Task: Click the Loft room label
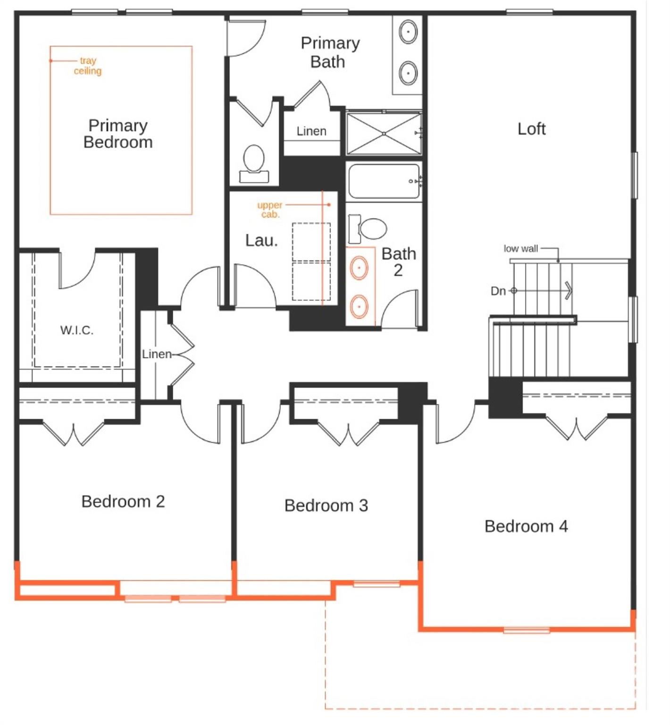(x=531, y=129)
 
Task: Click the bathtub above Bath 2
(x=384, y=181)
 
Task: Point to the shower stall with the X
(x=384, y=134)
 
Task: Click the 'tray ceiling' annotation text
(x=88, y=66)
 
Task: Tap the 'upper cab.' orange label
(x=270, y=210)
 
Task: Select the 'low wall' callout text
(x=521, y=248)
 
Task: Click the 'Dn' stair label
(x=498, y=291)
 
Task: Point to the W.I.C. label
(x=77, y=330)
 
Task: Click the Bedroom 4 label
(x=526, y=526)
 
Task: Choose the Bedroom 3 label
(x=326, y=505)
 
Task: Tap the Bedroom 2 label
(x=123, y=501)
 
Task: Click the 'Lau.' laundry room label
(x=261, y=240)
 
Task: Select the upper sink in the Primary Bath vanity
(x=408, y=32)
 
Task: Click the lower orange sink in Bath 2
(x=360, y=306)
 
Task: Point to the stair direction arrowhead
(x=569, y=290)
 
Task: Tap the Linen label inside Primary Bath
(x=311, y=131)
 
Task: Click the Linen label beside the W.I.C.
(x=157, y=354)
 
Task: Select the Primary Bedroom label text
(x=118, y=134)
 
